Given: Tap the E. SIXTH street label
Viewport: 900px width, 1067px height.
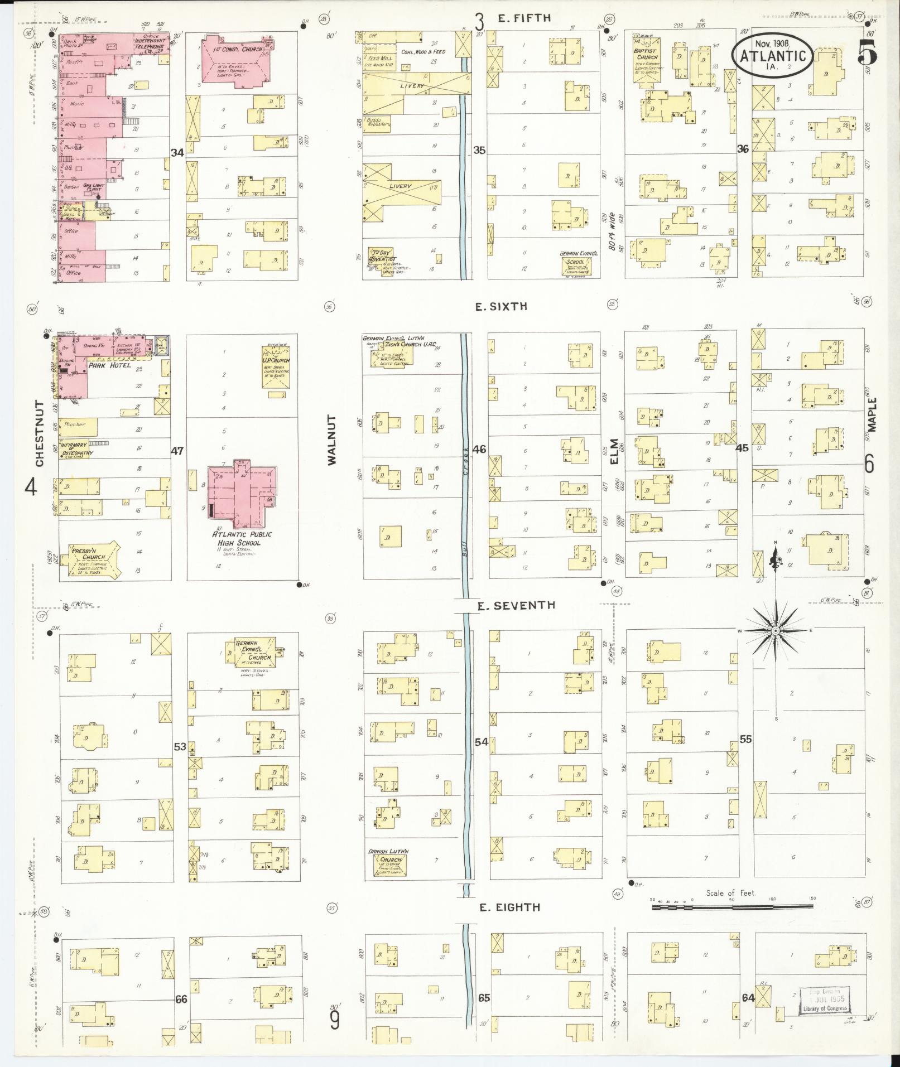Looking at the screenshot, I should (x=501, y=306).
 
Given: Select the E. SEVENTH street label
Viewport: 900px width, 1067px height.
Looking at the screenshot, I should (x=516, y=605).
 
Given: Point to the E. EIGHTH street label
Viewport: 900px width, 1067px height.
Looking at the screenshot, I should (x=509, y=907).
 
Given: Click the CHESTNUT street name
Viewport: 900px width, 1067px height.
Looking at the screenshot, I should (x=40, y=433).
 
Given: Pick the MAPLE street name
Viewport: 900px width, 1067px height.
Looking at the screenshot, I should (x=873, y=414).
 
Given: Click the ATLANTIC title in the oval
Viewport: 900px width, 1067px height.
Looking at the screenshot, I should (x=772, y=56).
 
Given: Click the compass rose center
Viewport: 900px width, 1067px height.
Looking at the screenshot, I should (x=776, y=630).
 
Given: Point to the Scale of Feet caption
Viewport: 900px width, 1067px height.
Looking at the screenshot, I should (x=730, y=893).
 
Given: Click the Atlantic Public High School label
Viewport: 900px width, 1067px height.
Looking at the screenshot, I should (x=242, y=538).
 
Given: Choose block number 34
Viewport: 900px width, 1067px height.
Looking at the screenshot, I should (x=177, y=152).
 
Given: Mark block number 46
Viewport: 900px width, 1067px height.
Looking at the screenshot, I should (x=479, y=448).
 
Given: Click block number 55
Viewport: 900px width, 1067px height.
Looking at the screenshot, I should (x=745, y=740).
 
